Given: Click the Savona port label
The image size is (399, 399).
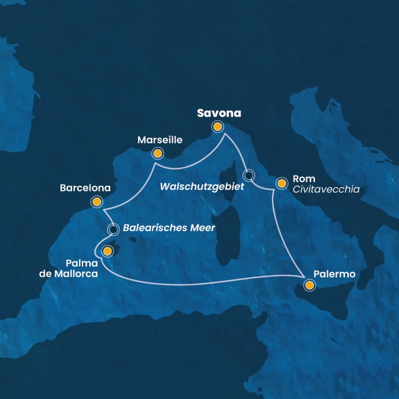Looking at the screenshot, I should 219,113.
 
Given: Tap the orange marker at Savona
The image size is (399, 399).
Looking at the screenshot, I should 218,127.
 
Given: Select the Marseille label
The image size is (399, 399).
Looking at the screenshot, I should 160,140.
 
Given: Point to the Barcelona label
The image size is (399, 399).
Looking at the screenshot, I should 85,189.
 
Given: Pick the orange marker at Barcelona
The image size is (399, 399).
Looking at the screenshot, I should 97,202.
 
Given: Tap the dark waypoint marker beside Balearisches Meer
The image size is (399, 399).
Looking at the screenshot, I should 114,229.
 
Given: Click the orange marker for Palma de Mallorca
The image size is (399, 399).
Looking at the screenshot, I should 107,251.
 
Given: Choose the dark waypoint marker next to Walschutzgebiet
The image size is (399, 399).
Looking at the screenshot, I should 249,175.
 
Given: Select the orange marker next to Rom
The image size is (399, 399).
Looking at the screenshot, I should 281,184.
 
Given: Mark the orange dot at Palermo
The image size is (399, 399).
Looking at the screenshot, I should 310,285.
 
